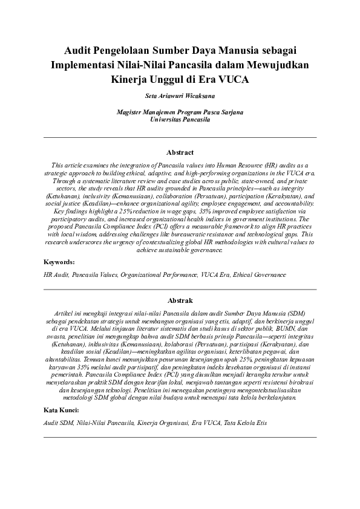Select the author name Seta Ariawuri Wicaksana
[x=180, y=96]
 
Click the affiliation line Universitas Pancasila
[x=180, y=120]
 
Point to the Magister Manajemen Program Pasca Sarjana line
[x=180, y=112]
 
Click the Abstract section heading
[x=180, y=152]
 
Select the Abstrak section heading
[x=180, y=300]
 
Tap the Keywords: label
[x=59, y=262]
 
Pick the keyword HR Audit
[x=56, y=275]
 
